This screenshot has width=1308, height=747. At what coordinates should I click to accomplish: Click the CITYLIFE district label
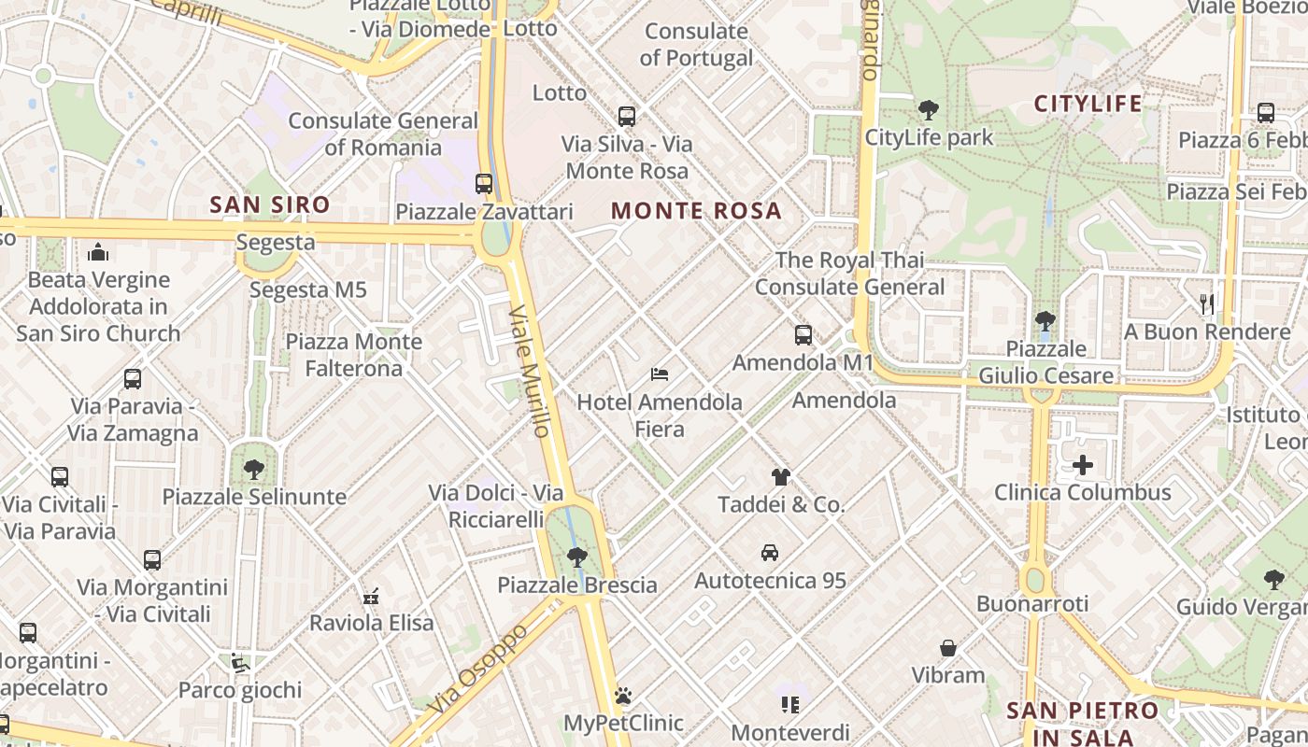(1088, 104)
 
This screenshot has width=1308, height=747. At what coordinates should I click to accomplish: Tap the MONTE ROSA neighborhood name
(696, 211)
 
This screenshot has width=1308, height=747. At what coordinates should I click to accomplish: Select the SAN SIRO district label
(270, 204)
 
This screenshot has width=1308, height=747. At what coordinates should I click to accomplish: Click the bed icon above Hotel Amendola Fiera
(660, 374)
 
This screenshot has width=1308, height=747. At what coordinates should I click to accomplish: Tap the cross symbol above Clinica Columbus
(1083, 464)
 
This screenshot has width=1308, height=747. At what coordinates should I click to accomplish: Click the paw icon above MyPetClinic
(623, 696)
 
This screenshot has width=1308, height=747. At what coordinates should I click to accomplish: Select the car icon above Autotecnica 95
(770, 552)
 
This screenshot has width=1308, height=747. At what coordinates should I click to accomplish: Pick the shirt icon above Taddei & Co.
(781, 477)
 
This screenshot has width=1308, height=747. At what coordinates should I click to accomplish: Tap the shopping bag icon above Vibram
(948, 648)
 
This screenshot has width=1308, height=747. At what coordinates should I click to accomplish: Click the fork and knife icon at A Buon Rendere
(1206, 303)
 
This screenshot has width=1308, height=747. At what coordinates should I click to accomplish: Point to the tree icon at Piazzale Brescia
(577, 557)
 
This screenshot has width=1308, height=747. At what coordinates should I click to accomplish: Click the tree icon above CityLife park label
(929, 110)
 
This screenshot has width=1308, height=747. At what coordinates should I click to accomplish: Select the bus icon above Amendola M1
(803, 335)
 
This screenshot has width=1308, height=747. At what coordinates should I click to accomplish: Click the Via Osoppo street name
(478, 669)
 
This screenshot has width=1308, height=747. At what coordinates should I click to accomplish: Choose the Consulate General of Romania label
(383, 134)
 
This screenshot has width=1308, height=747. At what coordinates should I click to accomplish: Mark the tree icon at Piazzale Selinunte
(253, 469)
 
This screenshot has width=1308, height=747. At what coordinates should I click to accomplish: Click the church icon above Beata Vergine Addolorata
(98, 252)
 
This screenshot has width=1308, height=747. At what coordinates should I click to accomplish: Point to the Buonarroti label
(1032, 604)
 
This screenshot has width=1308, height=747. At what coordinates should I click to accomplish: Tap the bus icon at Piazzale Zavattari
(484, 184)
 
